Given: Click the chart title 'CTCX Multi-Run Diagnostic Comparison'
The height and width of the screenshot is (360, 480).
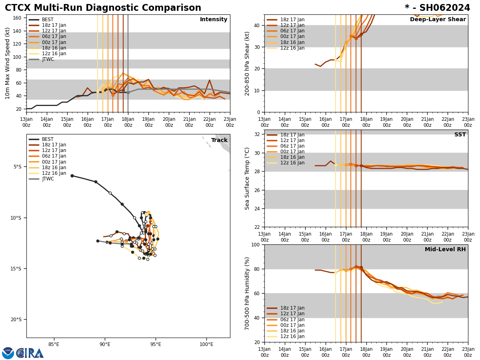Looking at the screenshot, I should [x=103, y=8].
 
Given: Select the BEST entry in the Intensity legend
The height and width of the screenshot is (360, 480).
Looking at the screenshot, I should [x=48, y=20].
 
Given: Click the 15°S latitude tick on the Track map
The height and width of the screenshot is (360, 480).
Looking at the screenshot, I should [x=17, y=268].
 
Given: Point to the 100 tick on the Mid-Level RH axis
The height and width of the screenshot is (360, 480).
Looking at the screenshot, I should [x=256, y=244].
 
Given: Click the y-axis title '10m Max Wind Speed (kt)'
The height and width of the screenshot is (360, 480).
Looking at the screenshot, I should [x=8, y=63].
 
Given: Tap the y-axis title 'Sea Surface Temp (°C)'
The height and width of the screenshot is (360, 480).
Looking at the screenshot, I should [x=248, y=178].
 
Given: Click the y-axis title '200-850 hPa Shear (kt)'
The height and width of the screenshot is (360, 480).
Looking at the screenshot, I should [x=248, y=63].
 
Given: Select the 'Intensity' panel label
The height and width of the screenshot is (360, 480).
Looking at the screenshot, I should [x=214, y=20].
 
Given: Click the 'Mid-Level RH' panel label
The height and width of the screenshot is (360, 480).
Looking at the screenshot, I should [x=445, y=250].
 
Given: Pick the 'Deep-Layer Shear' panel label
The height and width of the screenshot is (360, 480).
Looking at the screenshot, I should [x=438, y=20].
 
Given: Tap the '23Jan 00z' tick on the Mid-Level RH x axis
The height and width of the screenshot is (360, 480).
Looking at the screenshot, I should [x=468, y=352].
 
